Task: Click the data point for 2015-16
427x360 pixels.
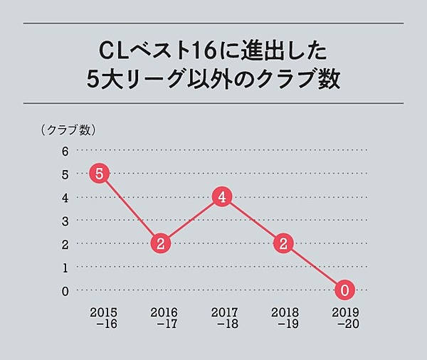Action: click(100, 174)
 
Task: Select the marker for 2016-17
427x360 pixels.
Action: click(162, 243)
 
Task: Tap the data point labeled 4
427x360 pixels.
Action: click(223, 198)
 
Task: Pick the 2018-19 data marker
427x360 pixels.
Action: click(284, 243)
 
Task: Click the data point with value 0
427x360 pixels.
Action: click(345, 290)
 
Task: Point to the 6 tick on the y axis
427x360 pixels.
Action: click(65, 151)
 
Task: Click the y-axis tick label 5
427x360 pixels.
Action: click(65, 174)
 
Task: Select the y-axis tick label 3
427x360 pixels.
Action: click(65, 221)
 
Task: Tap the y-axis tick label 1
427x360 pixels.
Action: click(65, 268)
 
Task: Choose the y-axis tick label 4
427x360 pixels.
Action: click(65, 198)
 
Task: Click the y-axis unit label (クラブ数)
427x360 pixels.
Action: click(68, 129)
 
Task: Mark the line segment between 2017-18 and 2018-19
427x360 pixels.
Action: click(253, 221)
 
